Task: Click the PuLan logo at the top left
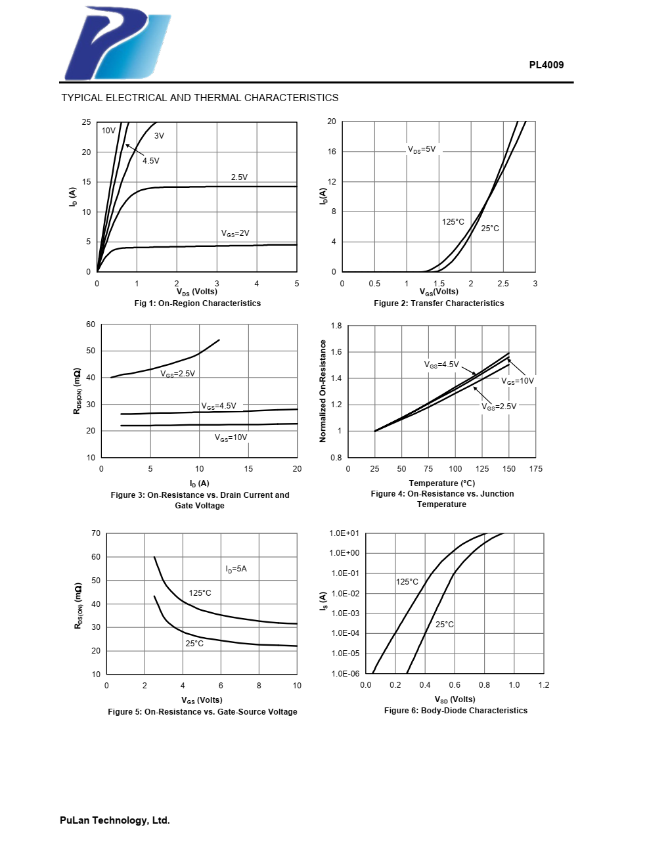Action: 117,43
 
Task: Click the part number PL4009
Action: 546,64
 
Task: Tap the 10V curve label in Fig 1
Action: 108,131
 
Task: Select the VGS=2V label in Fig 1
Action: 234,233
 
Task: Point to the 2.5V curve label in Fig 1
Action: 239,177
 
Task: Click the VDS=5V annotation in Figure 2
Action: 422,149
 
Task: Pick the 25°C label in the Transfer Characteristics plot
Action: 490,229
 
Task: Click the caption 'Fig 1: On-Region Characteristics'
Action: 197,303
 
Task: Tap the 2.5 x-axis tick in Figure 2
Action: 503,284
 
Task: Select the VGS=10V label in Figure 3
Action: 231,437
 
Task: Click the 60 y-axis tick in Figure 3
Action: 91,324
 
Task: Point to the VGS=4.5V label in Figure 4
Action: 441,365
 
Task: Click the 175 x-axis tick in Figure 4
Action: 536,469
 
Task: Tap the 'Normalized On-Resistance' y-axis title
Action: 323,391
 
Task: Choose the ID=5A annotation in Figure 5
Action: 236,569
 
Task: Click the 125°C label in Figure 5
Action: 200,593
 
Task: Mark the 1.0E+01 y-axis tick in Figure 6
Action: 344,533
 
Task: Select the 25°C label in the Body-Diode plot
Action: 444,625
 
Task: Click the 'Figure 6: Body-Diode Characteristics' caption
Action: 455,711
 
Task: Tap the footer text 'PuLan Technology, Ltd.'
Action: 114,820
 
